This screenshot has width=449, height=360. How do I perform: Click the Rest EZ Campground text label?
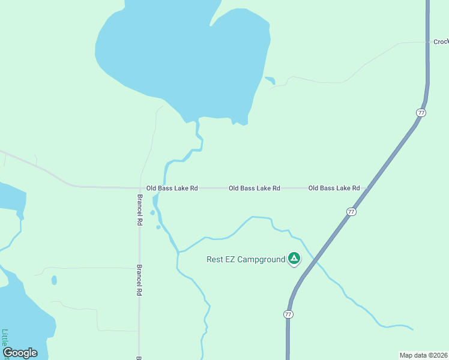point(246,260)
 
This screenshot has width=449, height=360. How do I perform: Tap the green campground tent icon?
point(294,259)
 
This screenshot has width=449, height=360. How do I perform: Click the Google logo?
point(20,353)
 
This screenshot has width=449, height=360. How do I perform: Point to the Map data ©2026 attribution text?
point(423,355)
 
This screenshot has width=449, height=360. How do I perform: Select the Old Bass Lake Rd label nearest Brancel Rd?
point(172,188)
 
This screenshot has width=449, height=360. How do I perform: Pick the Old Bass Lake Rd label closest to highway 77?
point(334,188)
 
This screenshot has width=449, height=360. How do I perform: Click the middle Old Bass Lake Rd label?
point(255,188)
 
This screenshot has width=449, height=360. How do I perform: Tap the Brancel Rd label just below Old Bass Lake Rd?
point(139,209)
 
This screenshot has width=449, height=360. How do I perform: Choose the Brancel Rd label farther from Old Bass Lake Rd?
point(139,280)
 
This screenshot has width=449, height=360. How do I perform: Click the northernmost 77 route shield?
point(421,113)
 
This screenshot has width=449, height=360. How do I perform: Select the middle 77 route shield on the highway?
point(351,212)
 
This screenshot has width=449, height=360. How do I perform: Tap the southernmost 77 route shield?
point(289,314)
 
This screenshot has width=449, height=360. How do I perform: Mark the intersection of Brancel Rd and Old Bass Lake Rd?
point(139,188)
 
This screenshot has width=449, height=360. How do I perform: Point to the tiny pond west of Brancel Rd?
point(54,280)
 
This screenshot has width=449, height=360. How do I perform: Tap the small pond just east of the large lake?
point(270,80)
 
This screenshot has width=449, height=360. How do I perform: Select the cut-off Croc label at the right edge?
point(441,42)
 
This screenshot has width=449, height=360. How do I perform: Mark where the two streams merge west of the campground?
point(178,252)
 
